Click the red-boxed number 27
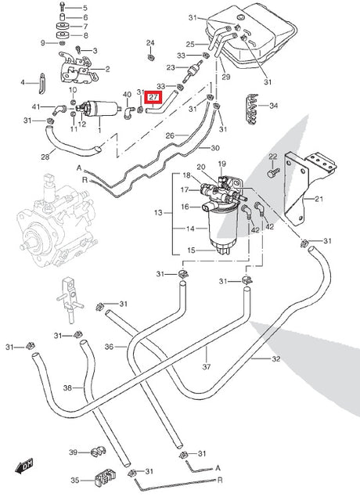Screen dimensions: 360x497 153,97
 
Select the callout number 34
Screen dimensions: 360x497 273,105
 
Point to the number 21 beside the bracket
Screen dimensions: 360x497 319,199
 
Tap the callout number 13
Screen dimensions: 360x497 158,213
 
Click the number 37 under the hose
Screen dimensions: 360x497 207,367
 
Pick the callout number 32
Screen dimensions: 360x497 276,358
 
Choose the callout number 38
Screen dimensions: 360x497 67,387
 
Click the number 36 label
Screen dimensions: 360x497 109,347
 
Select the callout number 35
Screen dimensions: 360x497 75,481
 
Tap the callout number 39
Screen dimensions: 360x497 74,452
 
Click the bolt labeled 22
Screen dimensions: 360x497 274,172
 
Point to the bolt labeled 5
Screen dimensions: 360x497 62,6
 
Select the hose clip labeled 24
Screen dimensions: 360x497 151,57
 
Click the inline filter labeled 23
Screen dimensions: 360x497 193,70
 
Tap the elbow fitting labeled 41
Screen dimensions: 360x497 59,109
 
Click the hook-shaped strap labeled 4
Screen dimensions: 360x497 42,84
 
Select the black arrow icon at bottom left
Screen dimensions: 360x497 24,466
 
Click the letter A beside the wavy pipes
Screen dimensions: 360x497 79,167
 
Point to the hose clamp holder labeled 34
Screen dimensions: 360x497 252,109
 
